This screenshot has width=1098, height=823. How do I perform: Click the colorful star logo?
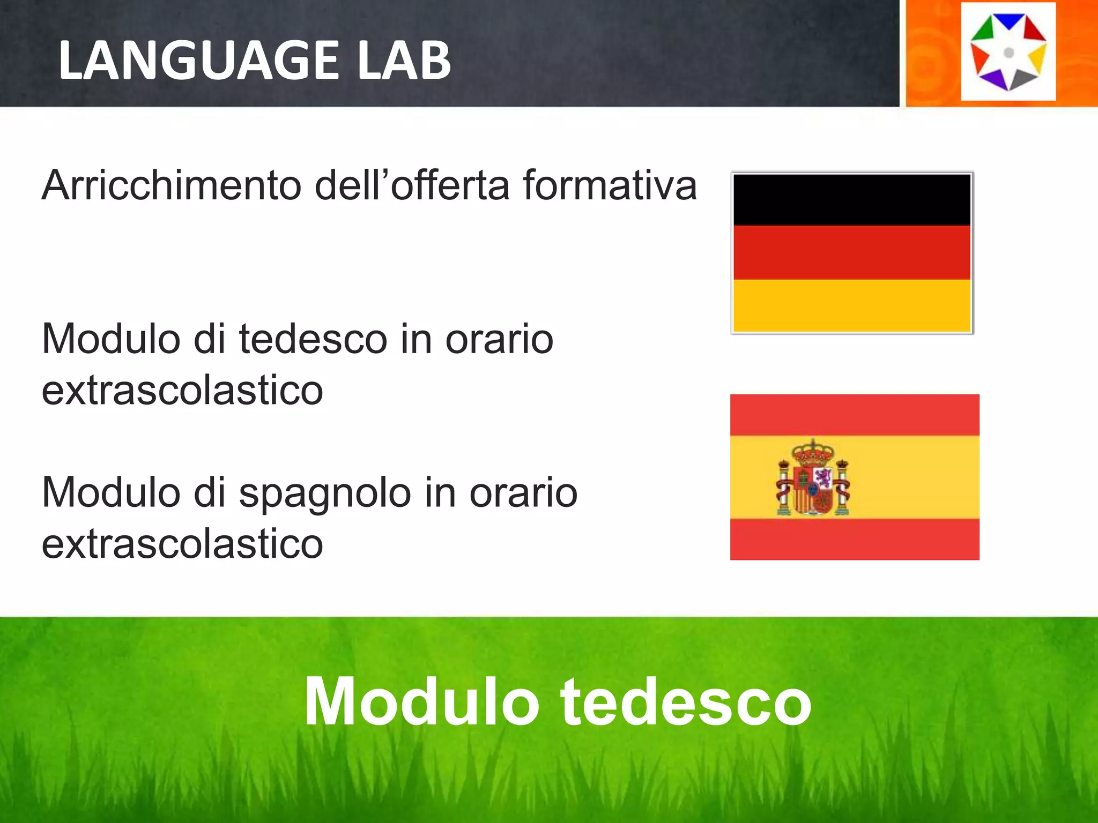pyautogui.click(x=1008, y=52)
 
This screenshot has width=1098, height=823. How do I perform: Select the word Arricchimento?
pyautogui.click(x=172, y=185)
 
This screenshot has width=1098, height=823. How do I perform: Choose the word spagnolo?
pyautogui.click(x=325, y=493)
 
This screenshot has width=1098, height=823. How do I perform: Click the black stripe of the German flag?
pyautogui.click(x=851, y=200)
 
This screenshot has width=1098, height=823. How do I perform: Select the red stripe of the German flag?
pyautogui.click(x=851, y=252)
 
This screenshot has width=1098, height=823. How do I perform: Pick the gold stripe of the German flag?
pyautogui.click(x=851, y=305)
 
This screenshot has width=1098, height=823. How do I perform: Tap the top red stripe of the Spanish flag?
pyautogui.click(x=855, y=415)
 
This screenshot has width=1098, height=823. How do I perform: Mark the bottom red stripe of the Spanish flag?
pyautogui.click(x=855, y=539)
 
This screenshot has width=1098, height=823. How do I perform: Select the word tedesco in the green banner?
pyautogui.click(x=686, y=701)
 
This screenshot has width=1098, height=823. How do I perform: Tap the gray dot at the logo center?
pyautogui.click(x=1008, y=53)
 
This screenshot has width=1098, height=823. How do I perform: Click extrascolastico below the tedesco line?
pyautogui.click(x=182, y=390)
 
